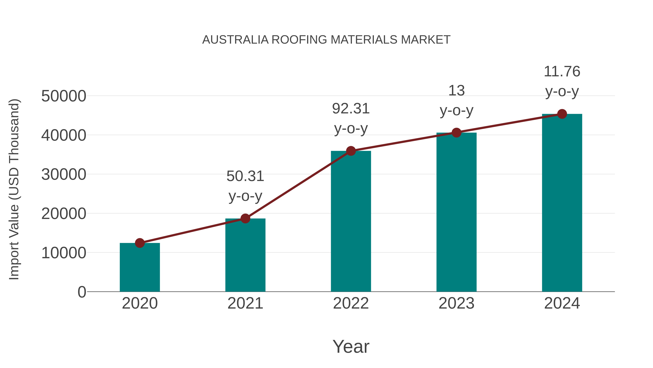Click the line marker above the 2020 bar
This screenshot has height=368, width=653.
140,243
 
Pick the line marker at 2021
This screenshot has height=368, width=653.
245,218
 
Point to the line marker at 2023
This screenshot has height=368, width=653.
456,133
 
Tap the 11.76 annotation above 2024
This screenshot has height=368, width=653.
562,71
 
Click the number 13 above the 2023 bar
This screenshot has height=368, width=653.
456,91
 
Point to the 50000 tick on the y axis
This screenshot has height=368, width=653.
64,96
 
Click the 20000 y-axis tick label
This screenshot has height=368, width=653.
64,214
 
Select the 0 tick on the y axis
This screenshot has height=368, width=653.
82,292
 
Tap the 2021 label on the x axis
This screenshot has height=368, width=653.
245,303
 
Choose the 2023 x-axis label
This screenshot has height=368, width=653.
456,303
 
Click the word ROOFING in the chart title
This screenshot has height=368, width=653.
299,40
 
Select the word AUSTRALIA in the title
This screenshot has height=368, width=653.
235,40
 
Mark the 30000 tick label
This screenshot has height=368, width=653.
64,175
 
